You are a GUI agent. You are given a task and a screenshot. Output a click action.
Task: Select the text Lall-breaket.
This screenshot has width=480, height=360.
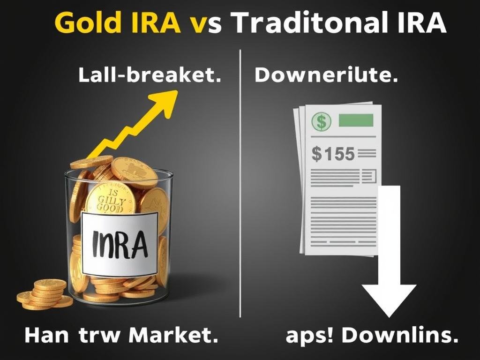click(x=150, y=75)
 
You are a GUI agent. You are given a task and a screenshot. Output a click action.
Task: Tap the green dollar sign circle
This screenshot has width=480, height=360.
click(x=322, y=122)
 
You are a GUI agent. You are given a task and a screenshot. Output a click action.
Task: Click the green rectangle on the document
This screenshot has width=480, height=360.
click(x=356, y=120)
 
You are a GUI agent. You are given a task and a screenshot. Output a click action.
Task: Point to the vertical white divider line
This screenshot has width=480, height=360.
click(x=240, y=187)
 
